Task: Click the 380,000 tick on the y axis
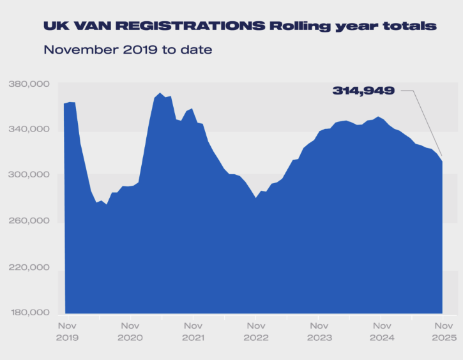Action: (29, 84)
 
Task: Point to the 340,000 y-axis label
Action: (29, 130)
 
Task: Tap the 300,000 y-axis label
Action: (29, 175)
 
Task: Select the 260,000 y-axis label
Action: (29, 221)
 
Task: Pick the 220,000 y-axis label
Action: (29, 267)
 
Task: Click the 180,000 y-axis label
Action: (29, 313)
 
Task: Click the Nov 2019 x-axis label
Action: (67, 331)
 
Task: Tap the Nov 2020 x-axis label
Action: (130, 331)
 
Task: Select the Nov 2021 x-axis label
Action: (193, 331)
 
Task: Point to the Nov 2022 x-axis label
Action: (255, 331)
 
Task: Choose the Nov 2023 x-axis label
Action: (318, 331)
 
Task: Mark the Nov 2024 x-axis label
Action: (381, 331)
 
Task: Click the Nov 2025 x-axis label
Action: (443, 331)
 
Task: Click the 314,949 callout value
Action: (363, 91)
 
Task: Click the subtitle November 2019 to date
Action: (128, 49)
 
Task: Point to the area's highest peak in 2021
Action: (160, 94)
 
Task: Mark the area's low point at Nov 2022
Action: (255, 198)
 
